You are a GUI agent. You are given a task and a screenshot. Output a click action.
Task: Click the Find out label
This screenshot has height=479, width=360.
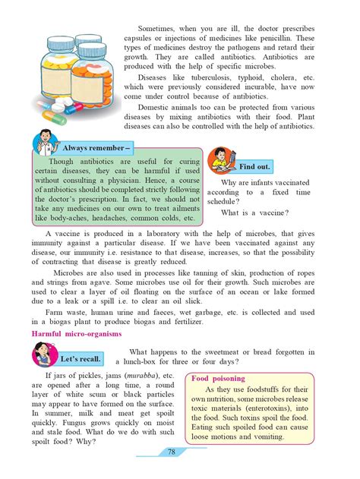click(x=254, y=165)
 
